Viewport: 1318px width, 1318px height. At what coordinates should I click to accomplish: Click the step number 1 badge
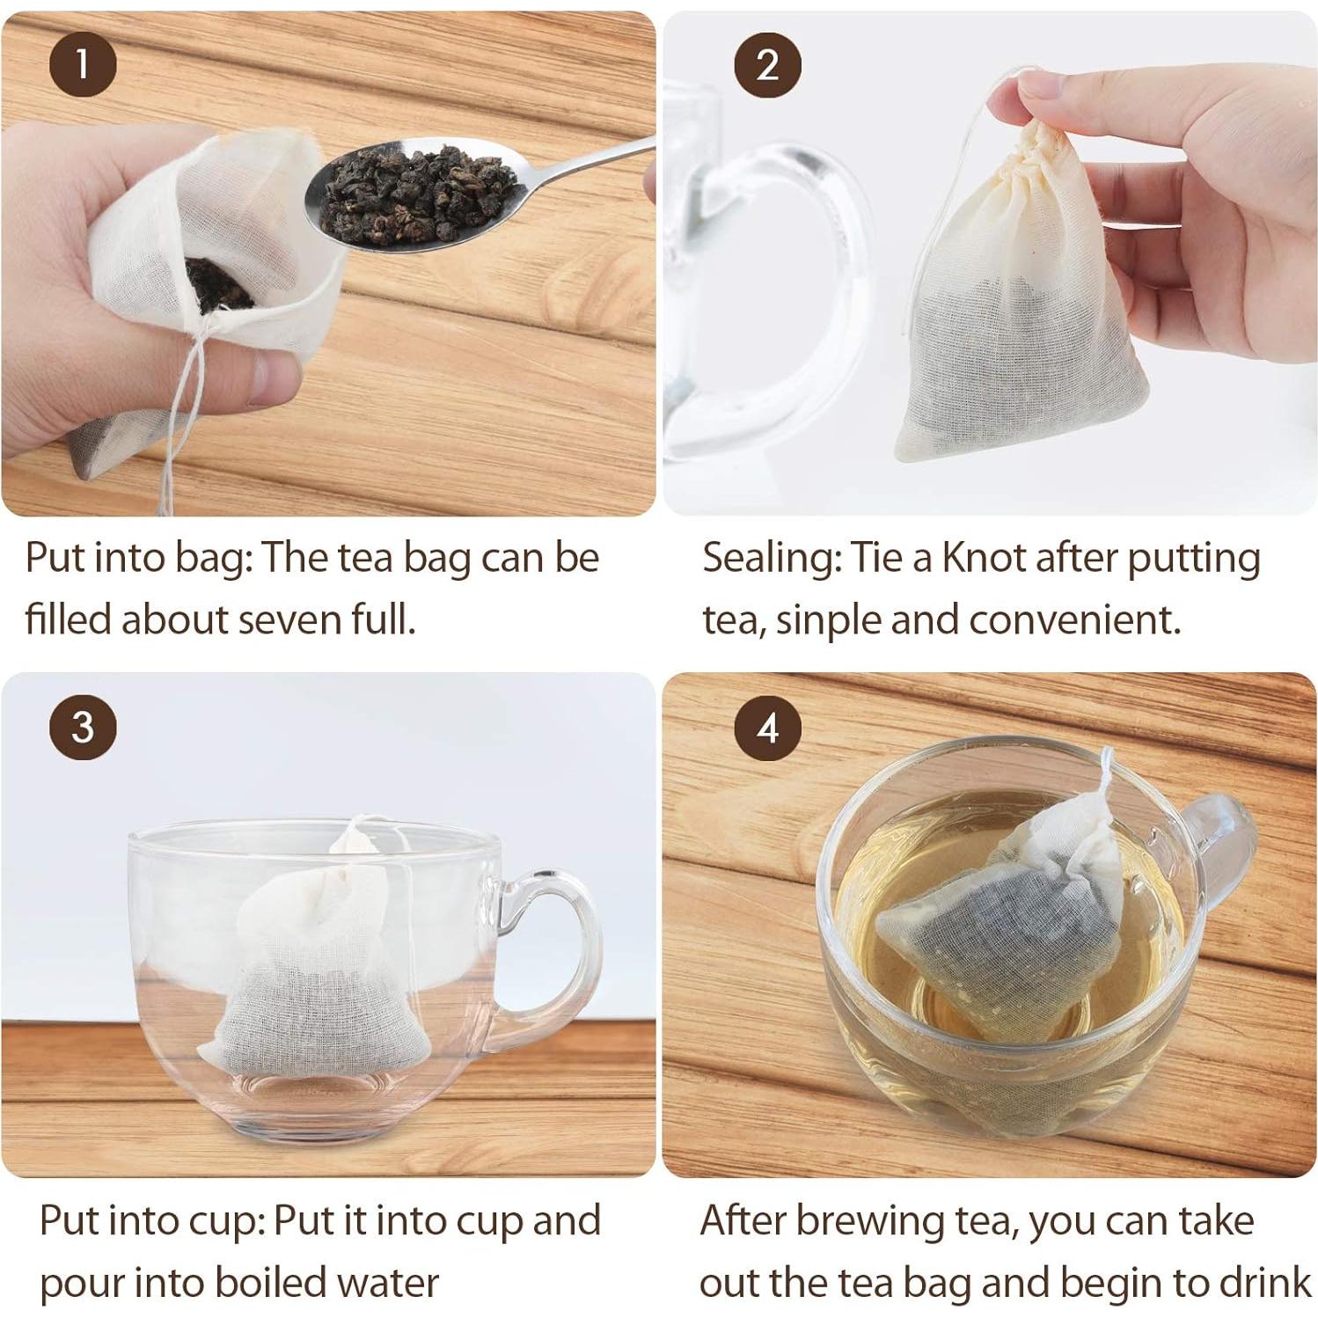pyautogui.click(x=83, y=64)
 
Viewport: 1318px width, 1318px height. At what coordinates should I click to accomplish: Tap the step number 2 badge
pyautogui.click(x=767, y=64)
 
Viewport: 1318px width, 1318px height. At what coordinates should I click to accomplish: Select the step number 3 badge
pyautogui.click(x=83, y=727)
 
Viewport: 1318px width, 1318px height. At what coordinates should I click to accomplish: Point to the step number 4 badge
pyautogui.click(x=767, y=728)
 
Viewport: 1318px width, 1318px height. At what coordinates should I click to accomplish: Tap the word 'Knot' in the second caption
pyautogui.click(x=984, y=558)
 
